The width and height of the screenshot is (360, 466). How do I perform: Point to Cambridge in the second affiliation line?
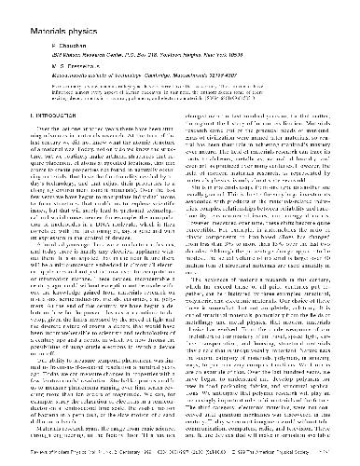pos(192,76)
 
